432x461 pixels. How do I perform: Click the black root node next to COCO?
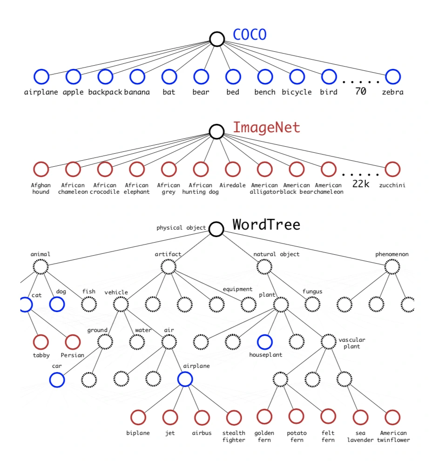tap(217, 39)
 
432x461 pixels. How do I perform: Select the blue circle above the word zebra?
tap(393, 76)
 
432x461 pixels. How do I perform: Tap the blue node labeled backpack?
tap(105, 76)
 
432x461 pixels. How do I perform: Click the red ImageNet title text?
tap(266, 128)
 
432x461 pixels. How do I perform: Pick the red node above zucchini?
tap(393, 169)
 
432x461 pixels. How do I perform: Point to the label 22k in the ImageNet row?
tap(360, 184)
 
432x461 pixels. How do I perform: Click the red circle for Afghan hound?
tap(41, 169)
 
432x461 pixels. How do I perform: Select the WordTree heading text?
tap(266, 225)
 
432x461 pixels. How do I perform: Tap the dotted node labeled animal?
tap(41, 267)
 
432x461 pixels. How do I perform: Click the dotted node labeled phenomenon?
tap(392, 267)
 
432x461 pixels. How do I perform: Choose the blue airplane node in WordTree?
tap(185, 379)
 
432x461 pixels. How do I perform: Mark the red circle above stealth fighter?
tap(234, 417)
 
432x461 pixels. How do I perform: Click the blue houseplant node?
tap(265, 342)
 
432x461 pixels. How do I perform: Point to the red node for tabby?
tap(41, 342)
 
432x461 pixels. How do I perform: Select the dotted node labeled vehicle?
tap(121, 304)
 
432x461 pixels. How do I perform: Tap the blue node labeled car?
tap(57, 379)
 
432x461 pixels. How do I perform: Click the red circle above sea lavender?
tap(360, 417)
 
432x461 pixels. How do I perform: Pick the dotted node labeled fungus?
tap(312, 304)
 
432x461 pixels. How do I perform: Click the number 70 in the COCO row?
tap(360, 91)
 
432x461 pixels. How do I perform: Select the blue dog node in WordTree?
tap(57, 304)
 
